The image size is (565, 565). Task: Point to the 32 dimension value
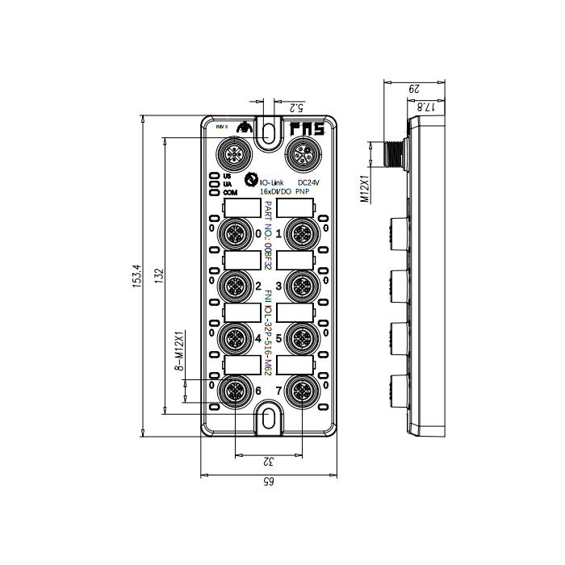pos(268,462)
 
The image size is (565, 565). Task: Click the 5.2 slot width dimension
pos(295,106)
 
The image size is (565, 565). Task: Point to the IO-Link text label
pos(272,183)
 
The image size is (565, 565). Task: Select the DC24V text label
pos(309,183)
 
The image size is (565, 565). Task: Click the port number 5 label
pos(280,339)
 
